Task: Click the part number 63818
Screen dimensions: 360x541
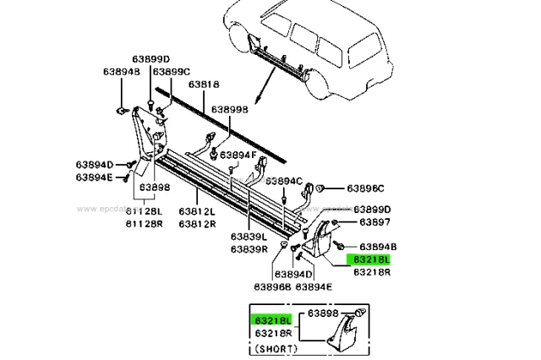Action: [x=204, y=85]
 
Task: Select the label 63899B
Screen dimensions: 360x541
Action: [x=229, y=110]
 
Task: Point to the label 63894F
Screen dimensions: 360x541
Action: [x=239, y=155]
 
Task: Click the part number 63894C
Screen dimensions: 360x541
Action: [x=283, y=180]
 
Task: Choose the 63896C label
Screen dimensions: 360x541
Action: [x=365, y=188]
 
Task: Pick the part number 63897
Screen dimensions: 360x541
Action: [x=374, y=222]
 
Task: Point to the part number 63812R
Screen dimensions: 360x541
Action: [x=195, y=224]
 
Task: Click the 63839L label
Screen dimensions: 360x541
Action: [x=249, y=237]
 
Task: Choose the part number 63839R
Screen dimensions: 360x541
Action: [x=249, y=249]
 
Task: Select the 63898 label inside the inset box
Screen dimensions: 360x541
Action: [x=324, y=314]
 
